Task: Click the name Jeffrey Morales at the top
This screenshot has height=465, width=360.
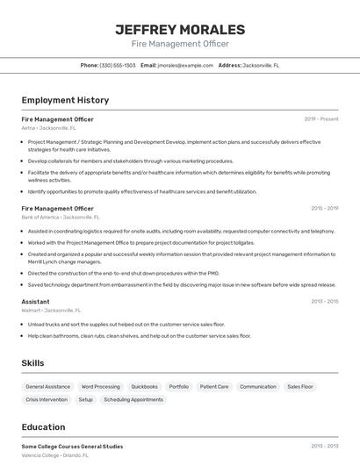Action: pyautogui.click(x=180, y=29)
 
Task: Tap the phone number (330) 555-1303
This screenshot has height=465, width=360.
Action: pyautogui.click(x=118, y=65)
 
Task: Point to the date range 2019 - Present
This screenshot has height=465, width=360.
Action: pyautogui.click(x=321, y=119)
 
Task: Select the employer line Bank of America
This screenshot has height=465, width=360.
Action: pyautogui.click(x=61, y=217)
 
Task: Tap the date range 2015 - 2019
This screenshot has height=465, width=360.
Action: pyautogui.click(x=324, y=209)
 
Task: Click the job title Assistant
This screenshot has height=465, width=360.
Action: pyautogui.click(x=35, y=301)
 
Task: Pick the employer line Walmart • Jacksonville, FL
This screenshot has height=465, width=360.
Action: pyautogui.click(x=51, y=310)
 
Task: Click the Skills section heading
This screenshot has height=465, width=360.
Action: pyautogui.click(x=32, y=362)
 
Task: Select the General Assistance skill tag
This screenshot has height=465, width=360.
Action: pyautogui.click(x=47, y=386)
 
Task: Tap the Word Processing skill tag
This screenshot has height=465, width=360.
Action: pyautogui.click(x=100, y=386)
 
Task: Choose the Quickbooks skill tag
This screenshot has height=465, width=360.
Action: pyautogui.click(x=144, y=386)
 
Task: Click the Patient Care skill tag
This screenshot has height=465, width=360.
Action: pyautogui.click(x=213, y=386)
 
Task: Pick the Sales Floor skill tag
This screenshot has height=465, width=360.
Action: pyautogui.click(x=300, y=386)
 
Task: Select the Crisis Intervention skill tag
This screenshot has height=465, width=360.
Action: pyautogui.click(x=47, y=399)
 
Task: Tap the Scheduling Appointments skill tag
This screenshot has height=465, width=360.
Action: pyautogui.click(x=133, y=399)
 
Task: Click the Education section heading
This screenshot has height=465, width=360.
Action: pyautogui.click(x=44, y=427)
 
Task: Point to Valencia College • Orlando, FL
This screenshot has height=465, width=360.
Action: pyautogui.click(x=54, y=455)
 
